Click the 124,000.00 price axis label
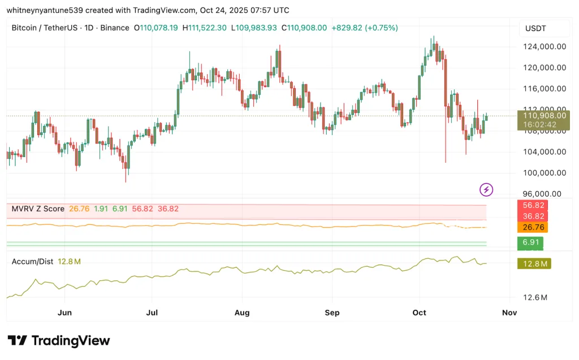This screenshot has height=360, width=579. [545, 47]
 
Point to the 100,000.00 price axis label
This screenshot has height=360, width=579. [545, 173]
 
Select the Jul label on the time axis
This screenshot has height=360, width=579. [152, 313]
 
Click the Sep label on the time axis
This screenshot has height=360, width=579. [332, 313]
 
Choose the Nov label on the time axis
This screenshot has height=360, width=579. [509, 313]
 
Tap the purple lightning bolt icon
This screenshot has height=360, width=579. [486, 189]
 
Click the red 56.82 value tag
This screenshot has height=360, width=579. [533, 205]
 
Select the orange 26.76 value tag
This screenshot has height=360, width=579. [533, 227]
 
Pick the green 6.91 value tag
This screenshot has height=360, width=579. [531, 242]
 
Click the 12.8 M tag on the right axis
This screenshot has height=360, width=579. [534, 263]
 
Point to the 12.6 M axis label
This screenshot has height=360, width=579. [535, 298]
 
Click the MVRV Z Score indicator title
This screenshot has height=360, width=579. [38, 209]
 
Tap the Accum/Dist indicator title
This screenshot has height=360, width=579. [33, 262]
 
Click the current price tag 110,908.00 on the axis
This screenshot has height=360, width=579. [544, 115]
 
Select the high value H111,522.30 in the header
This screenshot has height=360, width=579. [204, 28]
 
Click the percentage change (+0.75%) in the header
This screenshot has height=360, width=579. [382, 28]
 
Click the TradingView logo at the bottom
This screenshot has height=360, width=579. [59, 340]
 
